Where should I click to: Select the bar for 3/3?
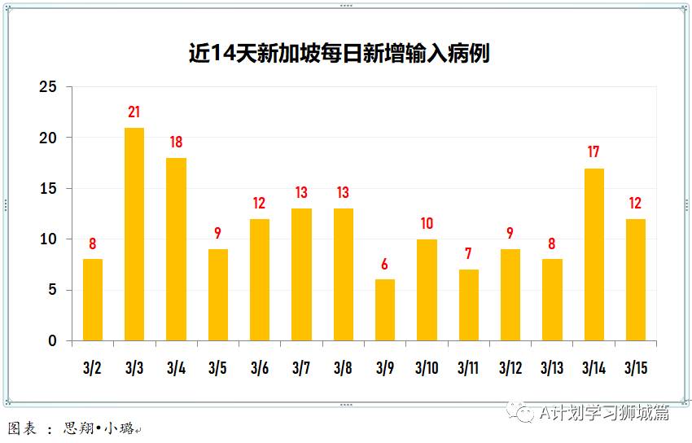click(134, 235)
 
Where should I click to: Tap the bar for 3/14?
click(594, 255)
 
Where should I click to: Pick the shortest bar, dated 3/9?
click(385, 310)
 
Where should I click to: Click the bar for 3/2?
click(93, 300)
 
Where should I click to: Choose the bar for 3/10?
click(427, 290)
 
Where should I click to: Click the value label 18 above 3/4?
click(176, 143)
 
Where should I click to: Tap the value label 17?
click(594, 152)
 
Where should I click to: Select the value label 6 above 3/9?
click(385, 264)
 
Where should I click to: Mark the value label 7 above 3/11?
click(468, 254)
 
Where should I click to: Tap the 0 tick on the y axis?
click(53, 341)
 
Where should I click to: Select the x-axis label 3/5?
click(217, 368)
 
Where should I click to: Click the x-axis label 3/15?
click(636, 368)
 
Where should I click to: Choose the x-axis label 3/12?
click(510, 368)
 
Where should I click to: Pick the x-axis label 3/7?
click(301, 368)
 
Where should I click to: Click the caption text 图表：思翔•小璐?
click(73, 428)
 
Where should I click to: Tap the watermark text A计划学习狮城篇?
click(604, 413)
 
